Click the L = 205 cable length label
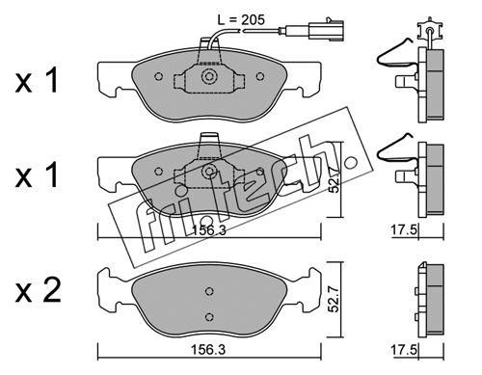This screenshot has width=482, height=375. (241, 20)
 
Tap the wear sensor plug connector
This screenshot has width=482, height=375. (326, 30)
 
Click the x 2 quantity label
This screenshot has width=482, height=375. (38, 291)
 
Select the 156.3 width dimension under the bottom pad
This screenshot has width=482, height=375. (208, 349)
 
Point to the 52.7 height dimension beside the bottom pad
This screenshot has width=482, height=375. (335, 300)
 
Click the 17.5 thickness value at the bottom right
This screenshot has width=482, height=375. (404, 349)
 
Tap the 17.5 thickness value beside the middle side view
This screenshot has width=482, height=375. (404, 230)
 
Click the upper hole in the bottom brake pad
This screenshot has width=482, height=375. (209, 291)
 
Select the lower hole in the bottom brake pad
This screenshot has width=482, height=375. (209, 317)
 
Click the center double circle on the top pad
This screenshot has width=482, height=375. (209, 76)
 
